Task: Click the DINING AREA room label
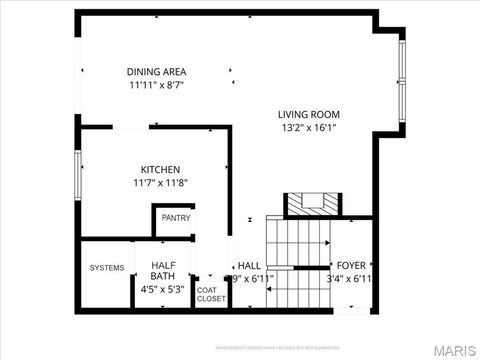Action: coord(156,71)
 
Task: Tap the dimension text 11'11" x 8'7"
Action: coord(156,85)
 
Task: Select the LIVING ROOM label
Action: coord(307,113)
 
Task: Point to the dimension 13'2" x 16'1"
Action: coord(307,127)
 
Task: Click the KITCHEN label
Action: coord(159,169)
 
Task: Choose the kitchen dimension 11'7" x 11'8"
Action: coord(159,183)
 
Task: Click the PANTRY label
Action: coord(175,218)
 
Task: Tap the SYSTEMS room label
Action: coord(107,268)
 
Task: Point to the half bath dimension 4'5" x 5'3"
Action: coord(164,290)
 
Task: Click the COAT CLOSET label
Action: coord(211,294)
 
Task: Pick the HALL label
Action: coord(249,265)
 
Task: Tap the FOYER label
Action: coord(351,265)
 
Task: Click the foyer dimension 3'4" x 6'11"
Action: coord(351,279)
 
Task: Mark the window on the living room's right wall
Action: coord(402,77)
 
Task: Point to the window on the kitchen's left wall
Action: coord(77,176)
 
